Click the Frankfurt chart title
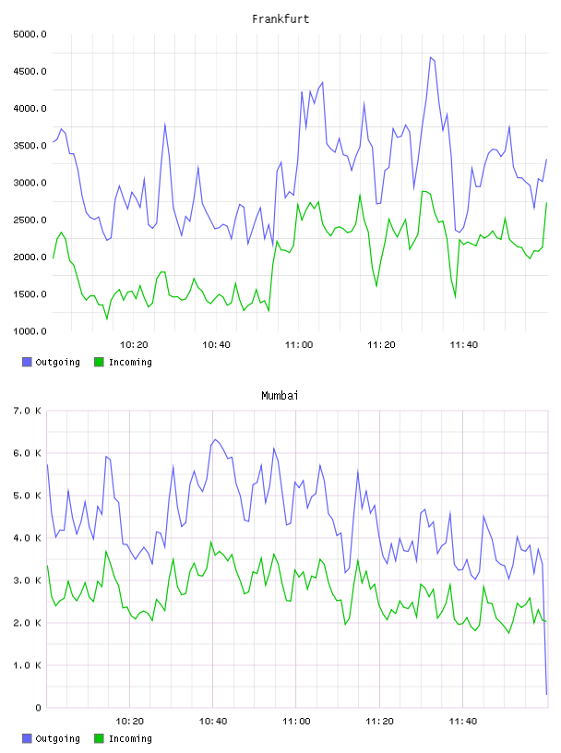[x=280, y=19]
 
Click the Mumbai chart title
[x=280, y=396]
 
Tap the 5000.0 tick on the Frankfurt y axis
[x=30, y=34]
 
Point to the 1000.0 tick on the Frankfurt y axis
[x=30, y=331]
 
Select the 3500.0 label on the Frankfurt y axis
[x=30, y=146]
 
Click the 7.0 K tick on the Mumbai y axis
[x=27, y=411]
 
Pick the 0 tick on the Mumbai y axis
[x=38, y=708]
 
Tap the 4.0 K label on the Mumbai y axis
[x=27, y=538]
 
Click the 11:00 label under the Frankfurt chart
[x=299, y=344]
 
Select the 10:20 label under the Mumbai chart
[x=130, y=721]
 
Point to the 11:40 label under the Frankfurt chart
[x=464, y=344]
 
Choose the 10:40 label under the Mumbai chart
[x=213, y=721]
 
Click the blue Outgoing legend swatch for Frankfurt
[x=27, y=362]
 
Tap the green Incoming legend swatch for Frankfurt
[x=99, y=362]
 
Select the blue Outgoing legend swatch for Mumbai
[x=27, y=738]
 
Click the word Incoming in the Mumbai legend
[x=130, y=738]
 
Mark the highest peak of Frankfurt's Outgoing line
[x=431, y=57]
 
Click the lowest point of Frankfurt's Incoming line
[x=107, y=319]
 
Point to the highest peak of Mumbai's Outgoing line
[x=215, y=439]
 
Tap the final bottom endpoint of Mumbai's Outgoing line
[x=546, y=695]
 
